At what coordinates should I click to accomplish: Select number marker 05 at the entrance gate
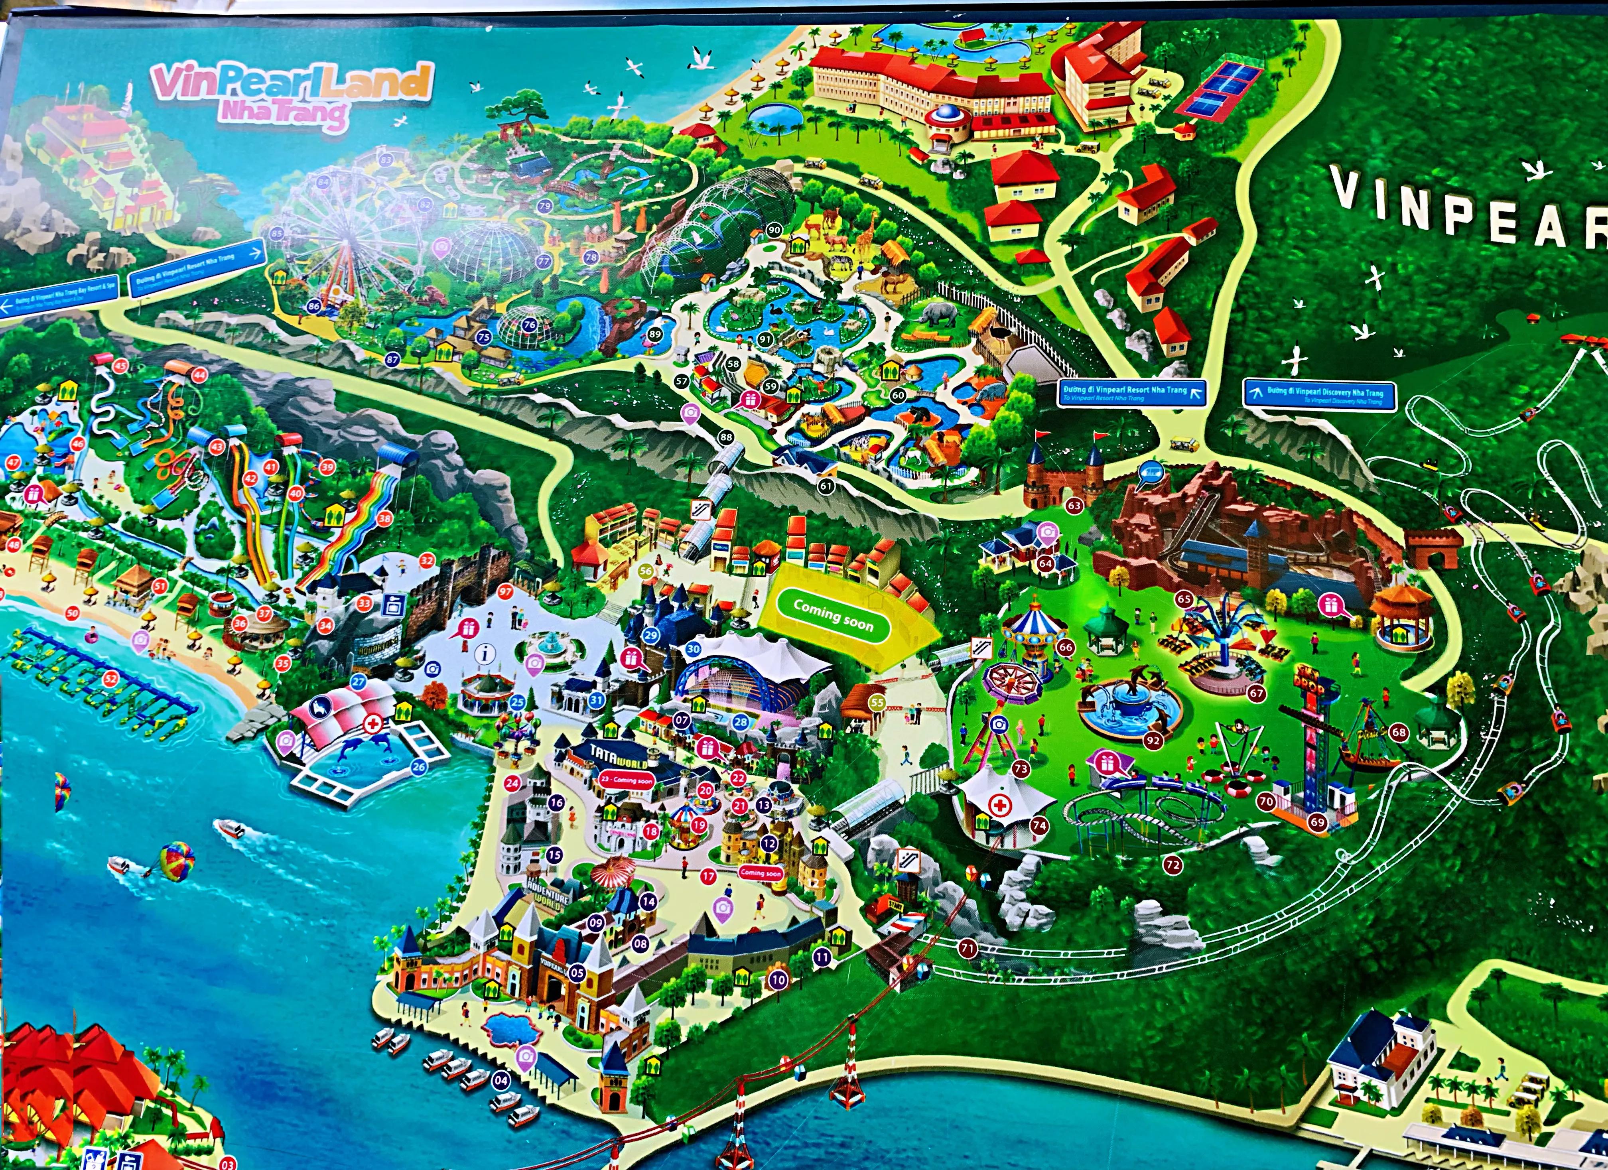coord(576,973)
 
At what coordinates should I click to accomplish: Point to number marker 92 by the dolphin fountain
coord(1153,740)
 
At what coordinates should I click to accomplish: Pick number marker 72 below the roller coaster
coord(1172,865)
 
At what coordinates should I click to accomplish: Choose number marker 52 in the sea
coord(110,679)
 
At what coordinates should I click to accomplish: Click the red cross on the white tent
coord(1000,806)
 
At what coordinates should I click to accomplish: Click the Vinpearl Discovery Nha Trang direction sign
coord(1319,394)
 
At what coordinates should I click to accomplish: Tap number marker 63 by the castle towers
coord(1074,506)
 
